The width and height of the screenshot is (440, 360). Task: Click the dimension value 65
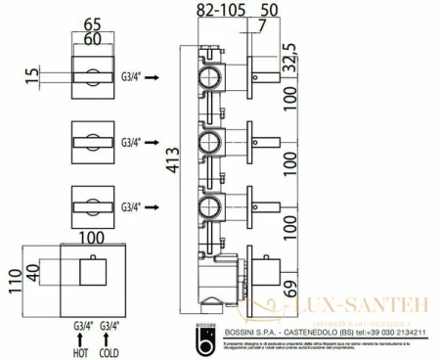coord(93,15)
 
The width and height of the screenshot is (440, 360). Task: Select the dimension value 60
coord(93,32)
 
